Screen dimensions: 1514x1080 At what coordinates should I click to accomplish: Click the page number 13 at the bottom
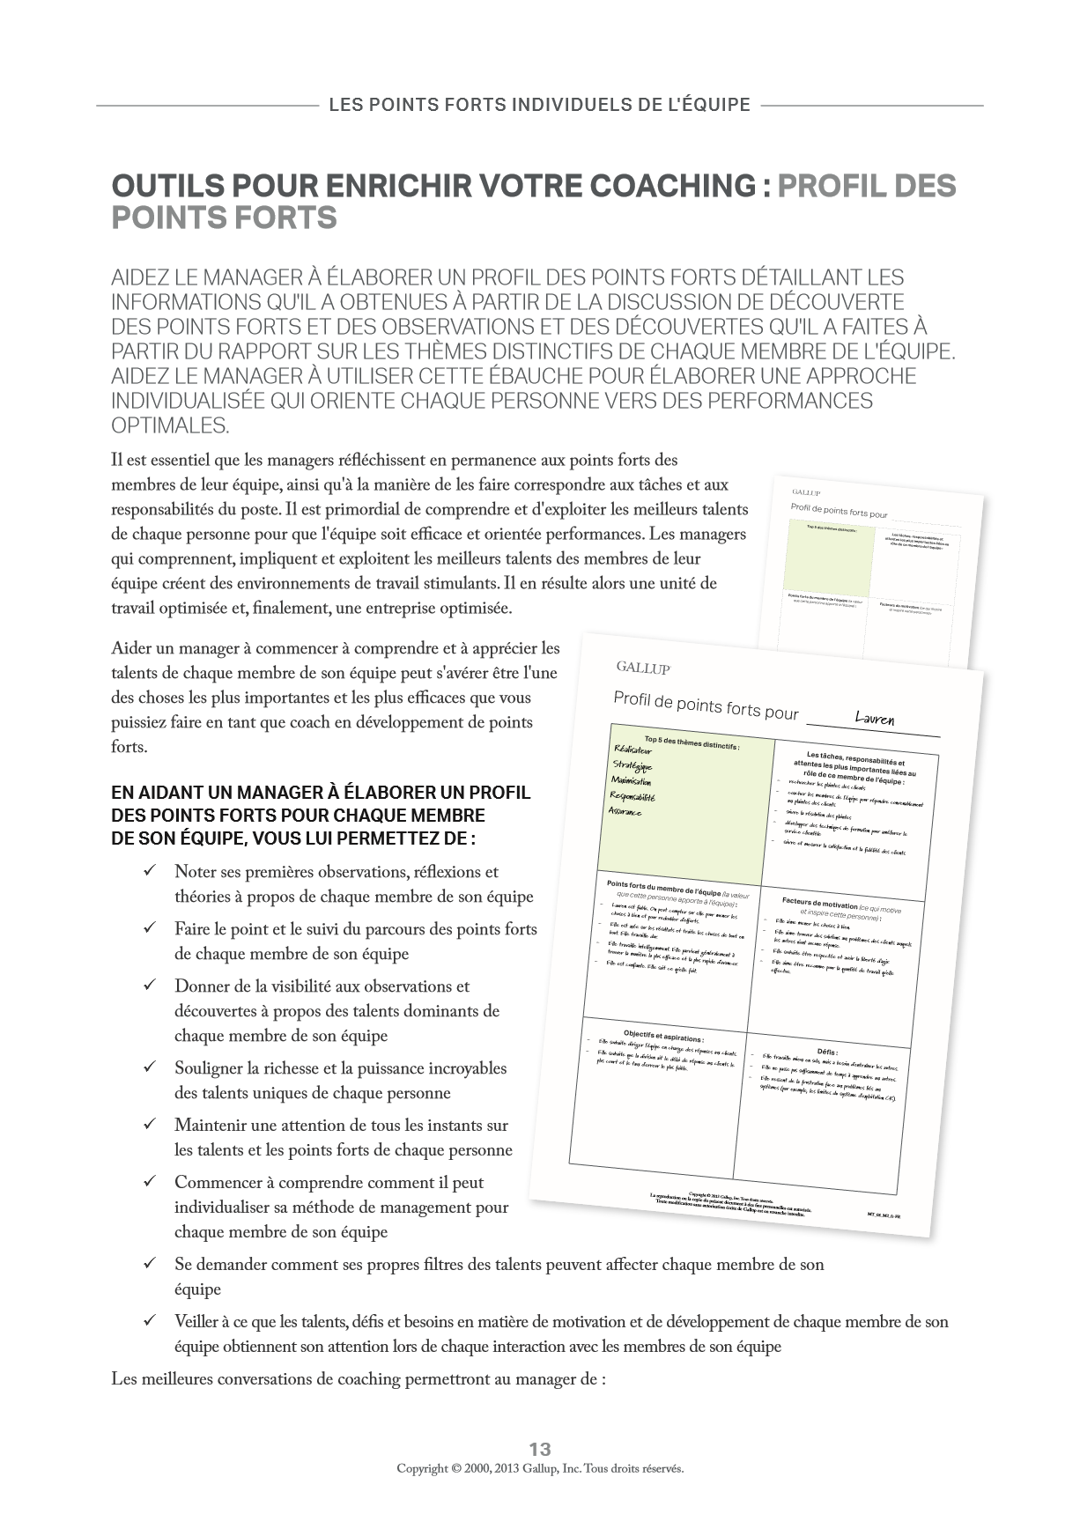tap(540, 1449)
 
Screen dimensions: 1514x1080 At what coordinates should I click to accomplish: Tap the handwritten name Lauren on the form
tap(874, 719)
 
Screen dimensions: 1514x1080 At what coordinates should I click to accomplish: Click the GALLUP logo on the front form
tap(642, 668)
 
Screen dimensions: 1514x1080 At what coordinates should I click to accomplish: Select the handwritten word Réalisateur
tap(633, 750)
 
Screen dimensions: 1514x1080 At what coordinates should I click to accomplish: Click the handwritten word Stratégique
tap(632, 765)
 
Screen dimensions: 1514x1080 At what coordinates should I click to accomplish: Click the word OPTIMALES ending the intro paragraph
tap(170, 425)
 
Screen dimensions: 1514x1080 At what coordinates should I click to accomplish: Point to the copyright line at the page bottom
tap(540, 1469)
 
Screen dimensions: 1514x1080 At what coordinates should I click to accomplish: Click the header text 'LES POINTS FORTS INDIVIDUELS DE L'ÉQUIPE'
tap(539, 106)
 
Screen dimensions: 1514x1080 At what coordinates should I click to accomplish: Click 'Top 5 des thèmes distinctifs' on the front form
tap(692, 740)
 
